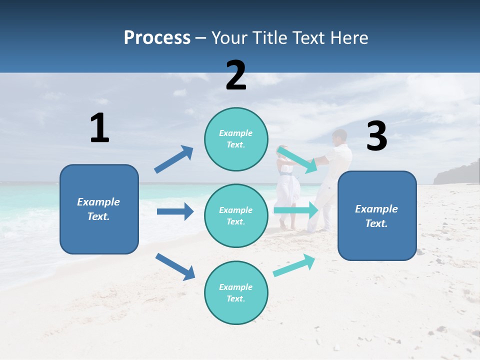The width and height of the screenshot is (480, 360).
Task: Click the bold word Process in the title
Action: point(157,38)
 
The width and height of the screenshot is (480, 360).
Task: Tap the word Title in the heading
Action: point(270,38)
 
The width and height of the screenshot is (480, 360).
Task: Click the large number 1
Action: point(99,128)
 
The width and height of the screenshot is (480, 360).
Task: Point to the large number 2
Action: point(236,75)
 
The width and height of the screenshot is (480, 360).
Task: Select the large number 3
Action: point(376,136)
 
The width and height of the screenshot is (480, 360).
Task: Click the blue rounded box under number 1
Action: point(99,209)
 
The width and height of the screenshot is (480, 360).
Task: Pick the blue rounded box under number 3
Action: point(377,215)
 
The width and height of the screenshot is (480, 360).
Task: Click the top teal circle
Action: point(236,139)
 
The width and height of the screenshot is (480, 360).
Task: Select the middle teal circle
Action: point(236,215)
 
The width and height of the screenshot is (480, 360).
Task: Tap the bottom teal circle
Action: point(236,292)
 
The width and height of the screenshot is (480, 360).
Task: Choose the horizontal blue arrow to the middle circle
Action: point(175,211)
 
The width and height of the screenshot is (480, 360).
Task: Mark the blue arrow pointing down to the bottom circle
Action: point(175,266)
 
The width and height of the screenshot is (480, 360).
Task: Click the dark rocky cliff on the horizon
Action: point(456,173)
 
